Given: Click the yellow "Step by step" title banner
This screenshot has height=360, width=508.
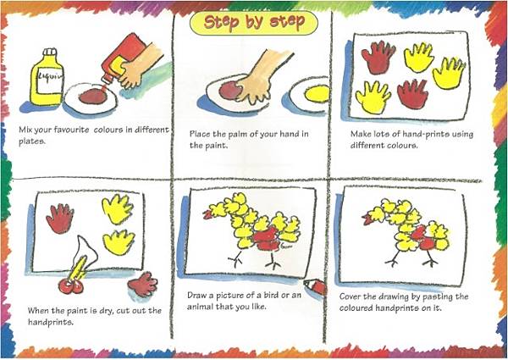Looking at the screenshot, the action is [x=254, y=22].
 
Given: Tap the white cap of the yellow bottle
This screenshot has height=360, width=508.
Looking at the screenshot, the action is [x=50, y=53].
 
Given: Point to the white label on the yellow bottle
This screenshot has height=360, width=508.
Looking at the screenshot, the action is [x=51, y=79].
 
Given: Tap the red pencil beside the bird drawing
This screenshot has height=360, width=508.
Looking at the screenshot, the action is [x=315, y=286].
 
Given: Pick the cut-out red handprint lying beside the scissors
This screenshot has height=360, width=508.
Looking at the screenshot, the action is [x=143, y=284].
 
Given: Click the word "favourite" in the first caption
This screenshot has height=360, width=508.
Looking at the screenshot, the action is [x=66, y=130].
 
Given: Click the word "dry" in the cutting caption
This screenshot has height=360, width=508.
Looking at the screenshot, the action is [x=103, y=311].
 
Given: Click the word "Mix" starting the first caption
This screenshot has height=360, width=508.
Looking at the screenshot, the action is [x=25, y=130].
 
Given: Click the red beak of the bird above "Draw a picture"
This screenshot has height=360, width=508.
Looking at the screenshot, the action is [x=207, y=214].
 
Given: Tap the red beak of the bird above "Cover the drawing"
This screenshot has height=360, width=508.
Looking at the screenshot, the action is [x=367, y=219].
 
